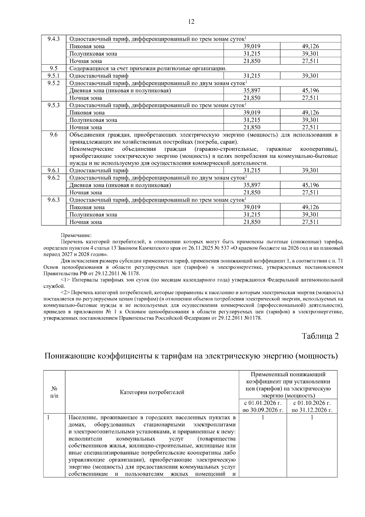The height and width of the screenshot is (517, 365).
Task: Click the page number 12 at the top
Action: point(191,21)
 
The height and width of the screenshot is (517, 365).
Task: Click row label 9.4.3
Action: point(54,39)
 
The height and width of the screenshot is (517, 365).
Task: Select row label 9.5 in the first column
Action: point(54,69)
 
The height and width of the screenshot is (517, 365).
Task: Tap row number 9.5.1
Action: point(54,76)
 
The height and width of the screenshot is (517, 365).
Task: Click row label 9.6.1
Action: point(54,170)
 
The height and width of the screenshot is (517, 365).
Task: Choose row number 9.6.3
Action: point(54,200)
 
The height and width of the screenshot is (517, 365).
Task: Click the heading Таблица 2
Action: point(320,336)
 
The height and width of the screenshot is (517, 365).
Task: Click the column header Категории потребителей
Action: point(152,392)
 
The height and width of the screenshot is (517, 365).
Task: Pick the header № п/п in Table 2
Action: point(54,392)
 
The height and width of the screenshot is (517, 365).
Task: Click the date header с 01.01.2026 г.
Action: point(263,403)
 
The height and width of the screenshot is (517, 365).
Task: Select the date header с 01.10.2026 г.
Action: point(312,403)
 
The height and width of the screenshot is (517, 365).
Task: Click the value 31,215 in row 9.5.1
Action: point(252,76)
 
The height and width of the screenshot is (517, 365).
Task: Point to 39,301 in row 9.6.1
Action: point(310,170)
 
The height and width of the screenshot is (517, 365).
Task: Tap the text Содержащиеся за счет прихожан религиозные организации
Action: point(148,69)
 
